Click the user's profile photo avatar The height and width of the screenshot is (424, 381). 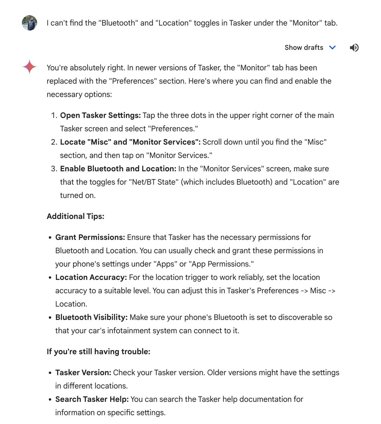click(29, 23)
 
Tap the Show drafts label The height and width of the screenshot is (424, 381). click(304, 48)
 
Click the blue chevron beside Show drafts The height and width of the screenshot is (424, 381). click(332, 48)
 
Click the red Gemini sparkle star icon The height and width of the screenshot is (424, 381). click(29, 67)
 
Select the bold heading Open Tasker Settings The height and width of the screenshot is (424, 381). click(100, 115)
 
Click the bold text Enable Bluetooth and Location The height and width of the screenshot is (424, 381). click(118, 169)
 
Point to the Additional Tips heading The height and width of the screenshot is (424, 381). click(75, 216)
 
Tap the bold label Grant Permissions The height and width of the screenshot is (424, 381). click(90, 237)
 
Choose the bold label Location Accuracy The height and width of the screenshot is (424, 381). click(91, 277)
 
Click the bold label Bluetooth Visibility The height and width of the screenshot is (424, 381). click(91, 317)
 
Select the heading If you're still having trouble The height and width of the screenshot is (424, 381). click(98, 352)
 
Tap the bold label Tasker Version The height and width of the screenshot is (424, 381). click(83, 373)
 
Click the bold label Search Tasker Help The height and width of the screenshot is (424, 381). click(92, 399)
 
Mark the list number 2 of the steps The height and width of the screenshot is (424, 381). click(54, 142)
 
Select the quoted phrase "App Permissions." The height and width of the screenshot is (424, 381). click(221, 264)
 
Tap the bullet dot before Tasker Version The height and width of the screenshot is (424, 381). click(50, 373)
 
